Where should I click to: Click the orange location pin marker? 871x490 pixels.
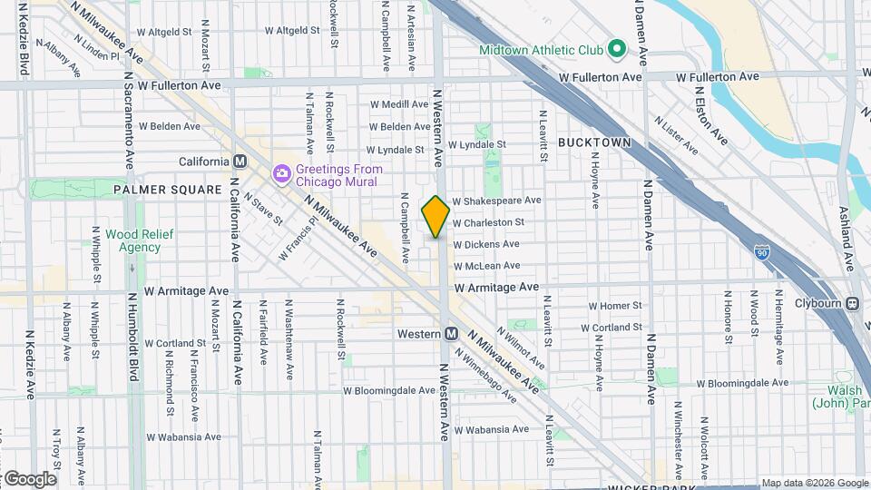coord(435,217)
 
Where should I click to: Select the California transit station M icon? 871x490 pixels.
coord(240,162)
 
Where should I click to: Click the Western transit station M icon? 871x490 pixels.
coord(450,334)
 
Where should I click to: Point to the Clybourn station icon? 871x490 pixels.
coord(853,304)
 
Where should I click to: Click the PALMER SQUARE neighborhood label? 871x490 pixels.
coord(167,190)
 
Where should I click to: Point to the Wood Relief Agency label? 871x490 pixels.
coord(133,240)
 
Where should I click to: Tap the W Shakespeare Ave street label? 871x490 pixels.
coord(496,200)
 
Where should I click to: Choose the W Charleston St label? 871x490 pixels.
coord(488,222)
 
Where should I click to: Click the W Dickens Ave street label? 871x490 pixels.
coord(486,244)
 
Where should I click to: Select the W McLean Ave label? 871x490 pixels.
coord(486,266)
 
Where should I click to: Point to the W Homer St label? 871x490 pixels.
coord(615,306)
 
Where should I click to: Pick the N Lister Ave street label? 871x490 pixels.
coord(674,135)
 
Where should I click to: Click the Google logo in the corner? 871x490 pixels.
coord(29,479)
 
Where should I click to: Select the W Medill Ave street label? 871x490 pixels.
coord(398,104)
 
